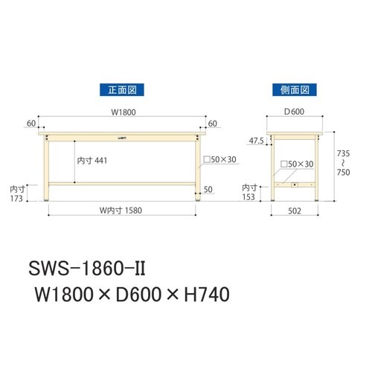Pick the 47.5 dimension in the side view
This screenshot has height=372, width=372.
(x=255, y=139)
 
